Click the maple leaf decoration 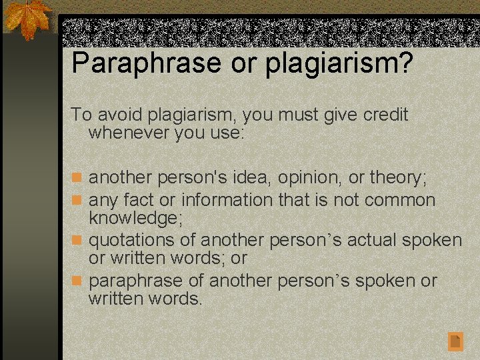click(27, 19)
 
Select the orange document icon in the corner click(455, 341)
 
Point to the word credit click(385, 115)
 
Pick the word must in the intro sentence click(295, 115)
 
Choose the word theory click(397, 179)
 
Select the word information click(227, 199)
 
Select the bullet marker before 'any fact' click(77, 200)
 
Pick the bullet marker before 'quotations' click(77, 240)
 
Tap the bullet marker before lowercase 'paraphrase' click(77, 281)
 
